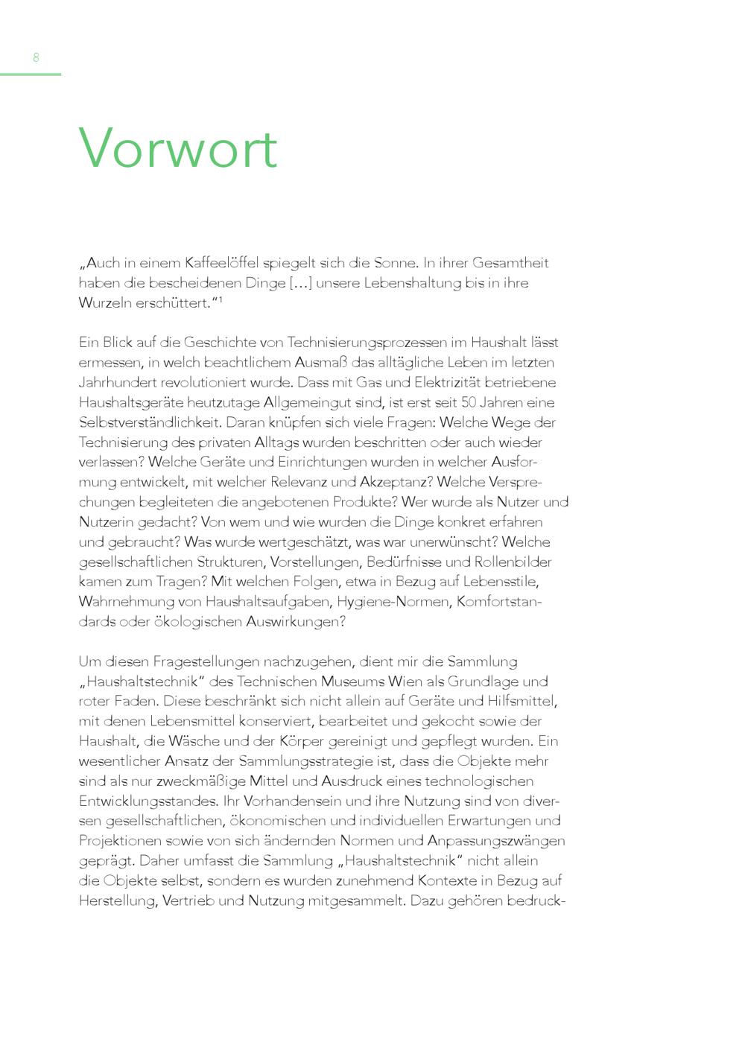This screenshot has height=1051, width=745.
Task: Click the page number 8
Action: [x=36, y=57]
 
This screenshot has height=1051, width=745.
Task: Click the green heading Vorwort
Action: [x=178, y=147]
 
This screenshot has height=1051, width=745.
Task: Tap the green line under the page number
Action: [x=30, y=74]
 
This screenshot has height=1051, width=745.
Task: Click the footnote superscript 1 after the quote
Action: [x=221, y=299]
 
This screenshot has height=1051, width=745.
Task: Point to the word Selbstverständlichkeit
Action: [x=148, y=422]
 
